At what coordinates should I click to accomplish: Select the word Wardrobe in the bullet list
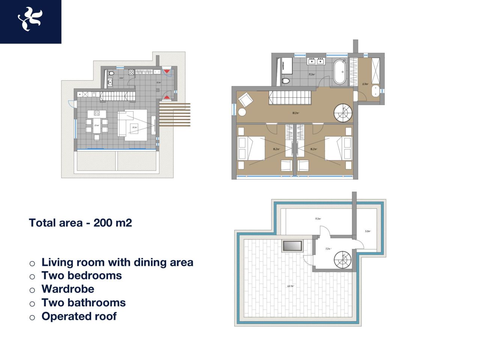click(x=68, y=289)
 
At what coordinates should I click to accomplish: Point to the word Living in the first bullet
click(x=57, y=262)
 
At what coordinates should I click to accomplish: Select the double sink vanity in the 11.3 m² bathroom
click(x=315, y=61)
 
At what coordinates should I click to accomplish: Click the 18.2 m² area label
click(x=295, y=113)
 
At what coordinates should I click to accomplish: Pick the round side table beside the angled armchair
click(x=242, y=112)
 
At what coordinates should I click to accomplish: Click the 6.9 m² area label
click(x=365, y=84)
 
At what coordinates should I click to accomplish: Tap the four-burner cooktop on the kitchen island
click(x=97, y=113)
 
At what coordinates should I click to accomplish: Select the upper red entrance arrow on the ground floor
click(x=166, y=71)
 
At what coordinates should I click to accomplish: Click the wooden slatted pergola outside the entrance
click(x=175, y=114)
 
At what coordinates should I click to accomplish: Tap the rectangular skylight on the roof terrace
click(x=292, y=246)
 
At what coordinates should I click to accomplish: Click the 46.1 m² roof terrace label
click(x=290, y=286)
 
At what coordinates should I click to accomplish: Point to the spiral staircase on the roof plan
click(x=343, y=260)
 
